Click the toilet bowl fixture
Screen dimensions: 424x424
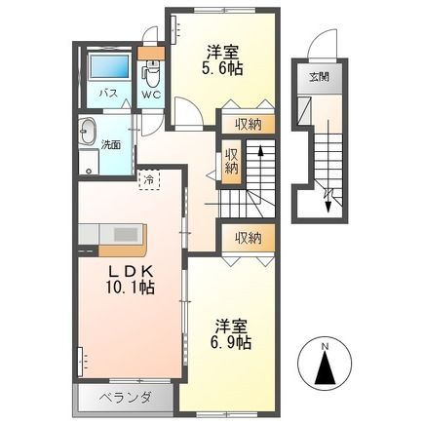click(x=152, y=74)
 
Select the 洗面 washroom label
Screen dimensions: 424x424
click(x=110, y=144)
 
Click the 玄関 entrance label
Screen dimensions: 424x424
click(x=319, y=78)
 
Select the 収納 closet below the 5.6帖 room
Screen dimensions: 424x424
click(x=248, y=124)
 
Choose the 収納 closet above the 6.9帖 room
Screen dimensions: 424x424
click(x=248, y=237)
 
